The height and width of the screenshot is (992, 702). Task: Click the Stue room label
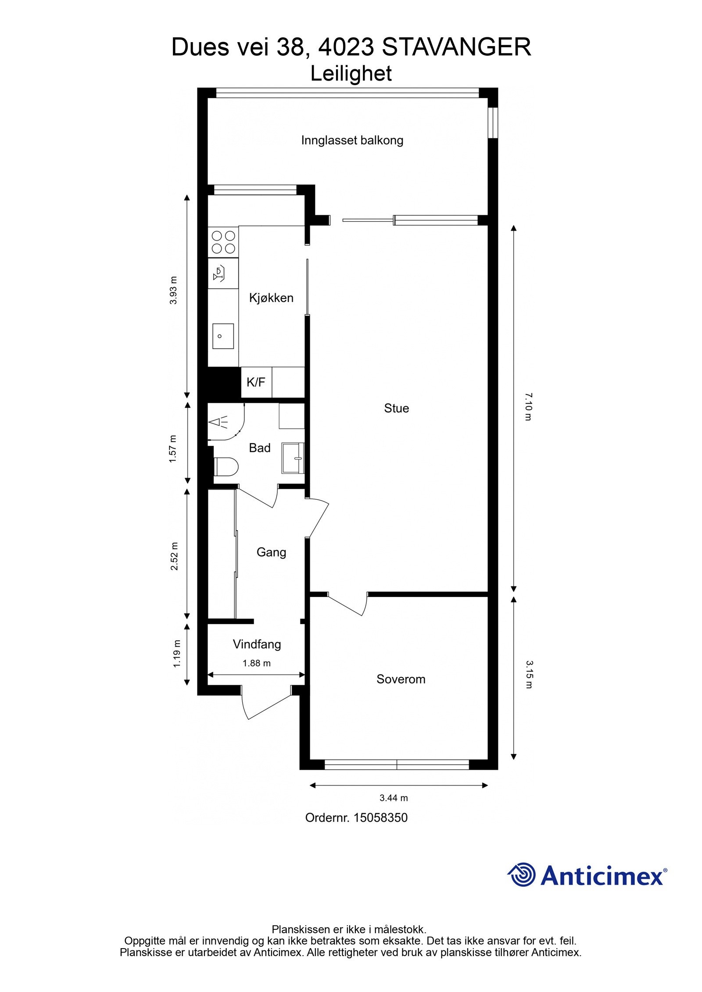pyautogui.click(x=396, y=408)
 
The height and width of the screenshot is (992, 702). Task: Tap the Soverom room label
pyautogui.click(x=401, y=679)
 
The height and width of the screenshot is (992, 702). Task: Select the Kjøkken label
pyautogui.click(x=271, y=298)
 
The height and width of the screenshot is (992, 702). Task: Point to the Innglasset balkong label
pyautogui.click(x=352, y=140)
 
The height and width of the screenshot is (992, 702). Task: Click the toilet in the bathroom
pyautogui.click(x=226, y=466)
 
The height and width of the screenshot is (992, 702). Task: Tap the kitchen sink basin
pyautogui.click(x=223, y=336)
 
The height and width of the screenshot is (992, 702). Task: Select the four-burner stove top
pyautogui.click(x=223, y=242)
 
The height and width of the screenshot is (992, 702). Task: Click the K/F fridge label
pyautogui.click(x=256, y=382)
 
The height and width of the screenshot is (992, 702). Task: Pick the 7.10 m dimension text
pyautogui.click(x=528, y=407)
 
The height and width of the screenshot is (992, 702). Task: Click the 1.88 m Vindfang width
pyautogui.click(x=257, y=663)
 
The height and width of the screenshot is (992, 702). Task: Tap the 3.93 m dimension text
pyautogui.click(x=174, y=290)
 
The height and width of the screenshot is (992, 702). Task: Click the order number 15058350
pyautogui.click(x=380, y=818)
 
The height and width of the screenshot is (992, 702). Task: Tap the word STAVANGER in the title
pyautogui.click(x=456, y=47)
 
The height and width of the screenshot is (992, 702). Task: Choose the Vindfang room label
pyautogui.click(x=257, y=644)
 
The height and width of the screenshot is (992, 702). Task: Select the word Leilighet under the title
pyautogui.click(x=351, y=74)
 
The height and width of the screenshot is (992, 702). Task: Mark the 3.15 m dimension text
pyautogui.click(x=528, y=675)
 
